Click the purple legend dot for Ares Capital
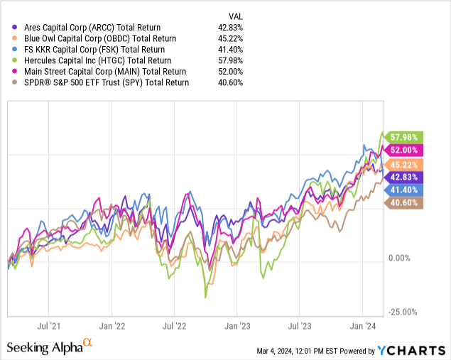click(14, 27)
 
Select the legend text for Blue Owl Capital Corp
click(100, 38)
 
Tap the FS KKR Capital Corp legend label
click(94, 50)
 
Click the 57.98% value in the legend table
click(230, 60)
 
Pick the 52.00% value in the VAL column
click(230, 72)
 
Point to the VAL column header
click(236, 16)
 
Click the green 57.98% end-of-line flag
click(403, 137)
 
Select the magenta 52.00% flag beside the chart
click(403, 150)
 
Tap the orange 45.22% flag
click(403, 165)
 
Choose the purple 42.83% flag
click(403, 177)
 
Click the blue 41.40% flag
click(403, 190)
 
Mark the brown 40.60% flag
click(403, 202)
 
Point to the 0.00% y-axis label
click(399, 258)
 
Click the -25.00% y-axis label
click(403, 312)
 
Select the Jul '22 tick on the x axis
click(174, 327)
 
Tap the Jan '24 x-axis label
click(363, 327)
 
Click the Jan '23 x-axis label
click(237, 327)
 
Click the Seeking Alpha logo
click(50, 347)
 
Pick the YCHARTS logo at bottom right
click(411, 351)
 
